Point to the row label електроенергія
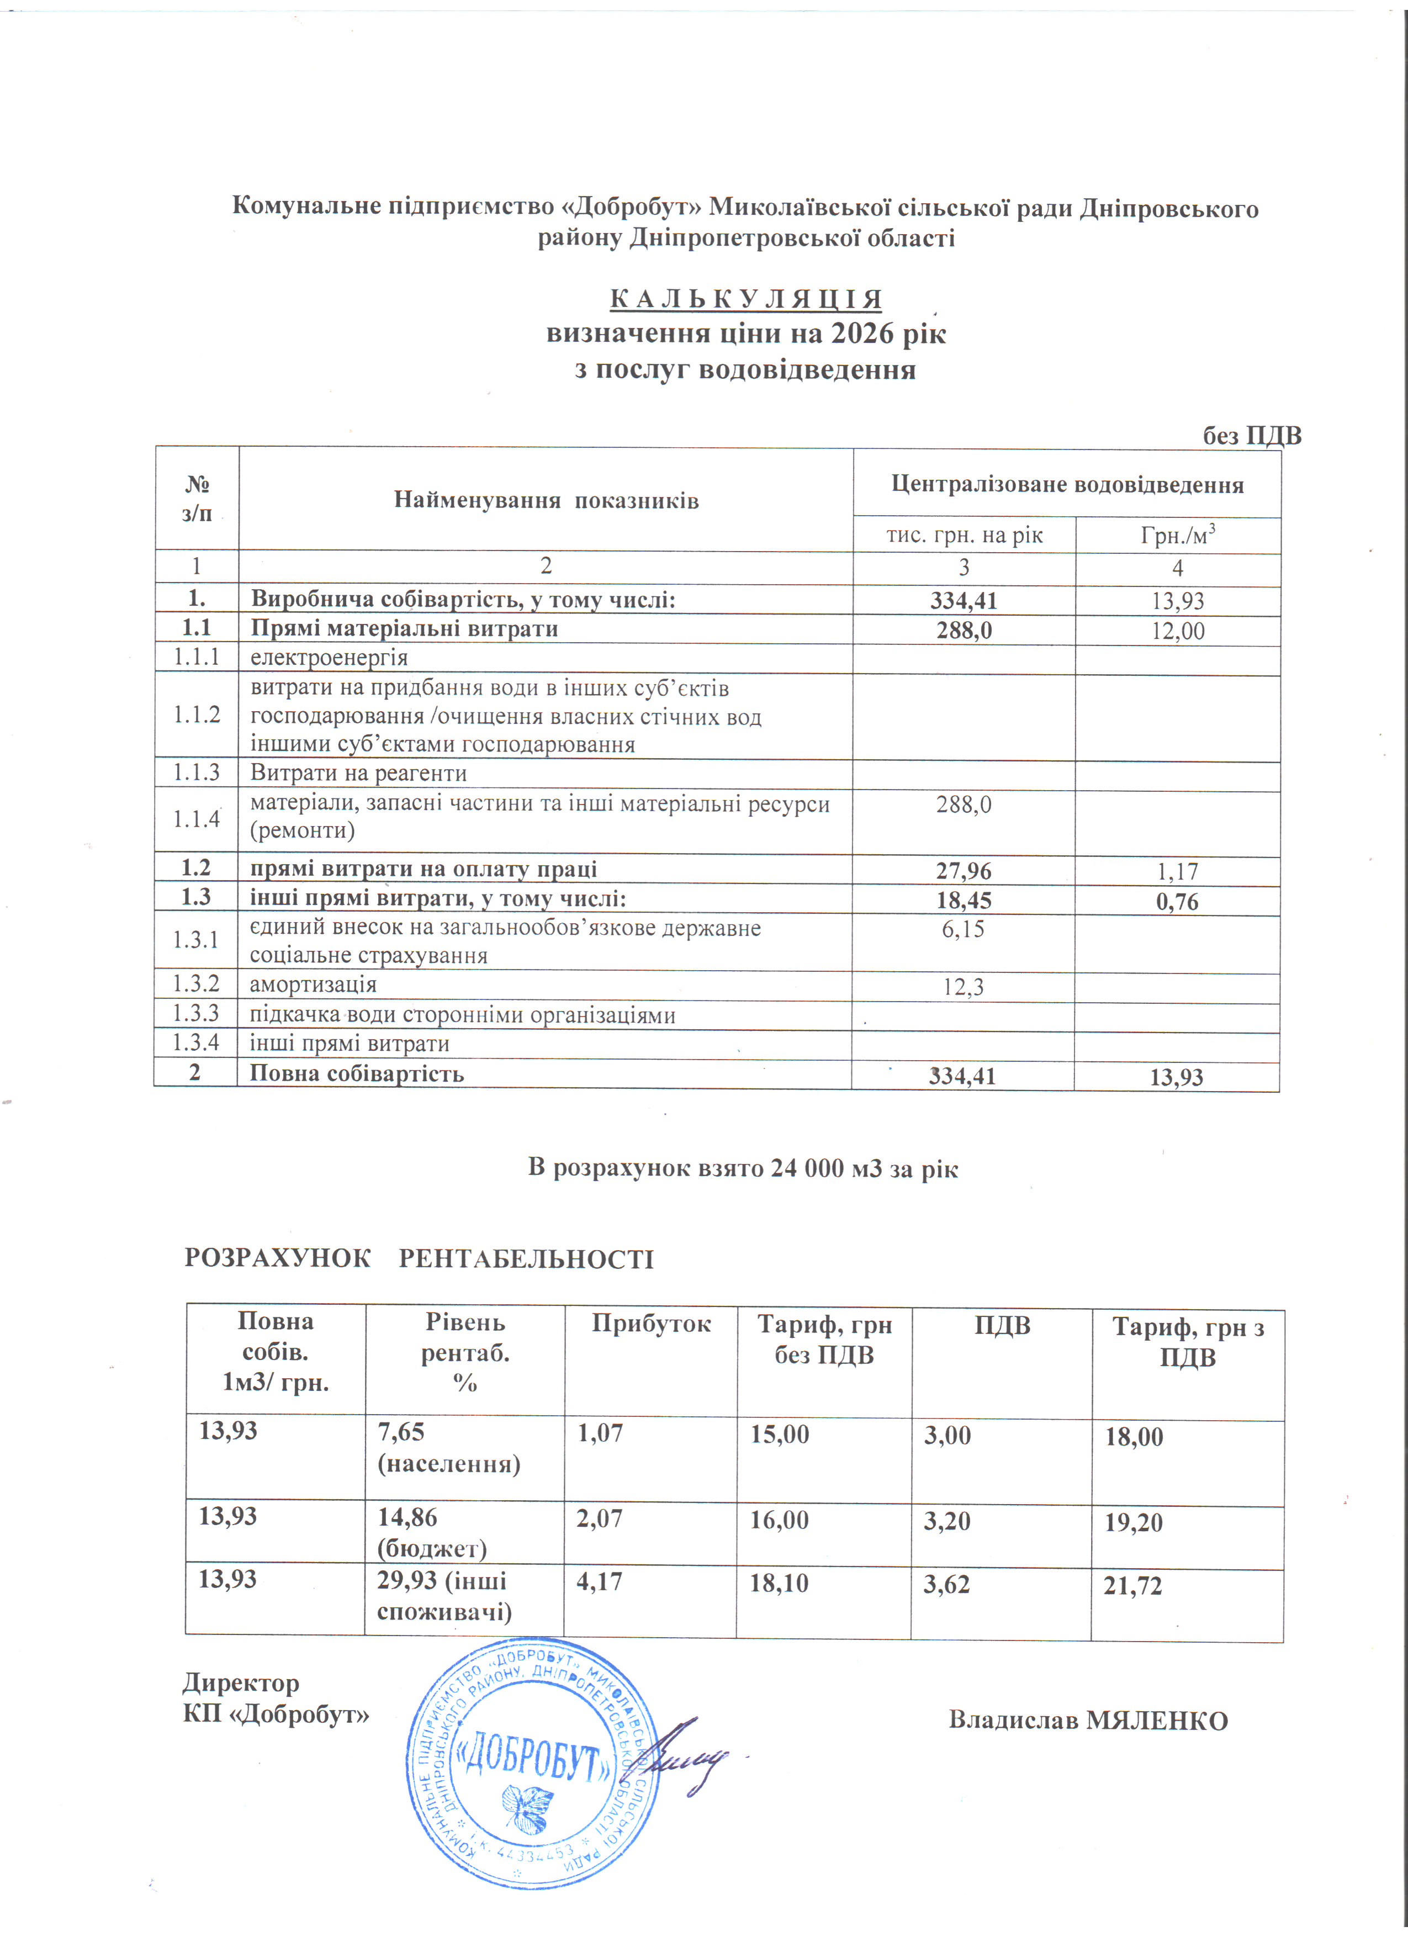click(329, 658)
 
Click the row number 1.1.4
click(197, 819)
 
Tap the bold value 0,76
click(1177, 902)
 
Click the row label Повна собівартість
click(356, 1073)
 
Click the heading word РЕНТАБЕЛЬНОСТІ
click(526, 1259)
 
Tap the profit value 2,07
click(600, 1518)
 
